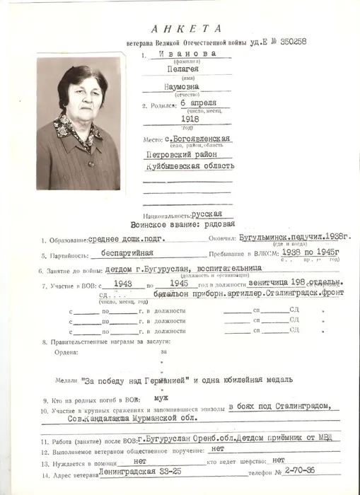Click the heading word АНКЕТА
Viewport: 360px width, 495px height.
186,28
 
